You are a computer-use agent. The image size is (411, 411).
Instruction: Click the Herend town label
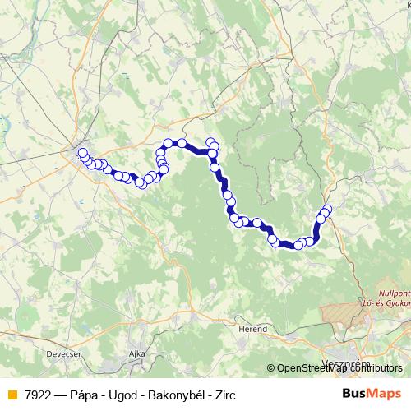click(x=253, y=328)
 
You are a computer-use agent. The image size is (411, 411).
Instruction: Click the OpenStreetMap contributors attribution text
click(x=339, y=368)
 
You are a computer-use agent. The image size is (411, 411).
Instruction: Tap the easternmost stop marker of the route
click(x=327, y=209)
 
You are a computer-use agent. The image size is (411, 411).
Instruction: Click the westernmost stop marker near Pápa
click(x=82, y=152)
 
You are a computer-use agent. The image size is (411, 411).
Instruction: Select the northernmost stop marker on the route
click(x=210, y=141)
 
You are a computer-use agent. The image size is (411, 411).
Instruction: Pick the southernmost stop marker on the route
click(x=299, y=244)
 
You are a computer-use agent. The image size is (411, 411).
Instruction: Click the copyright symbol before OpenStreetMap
click(x=271, y=368)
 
